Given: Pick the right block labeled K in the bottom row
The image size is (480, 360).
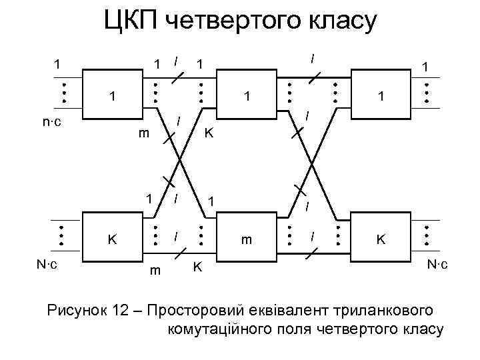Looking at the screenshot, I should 381,238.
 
